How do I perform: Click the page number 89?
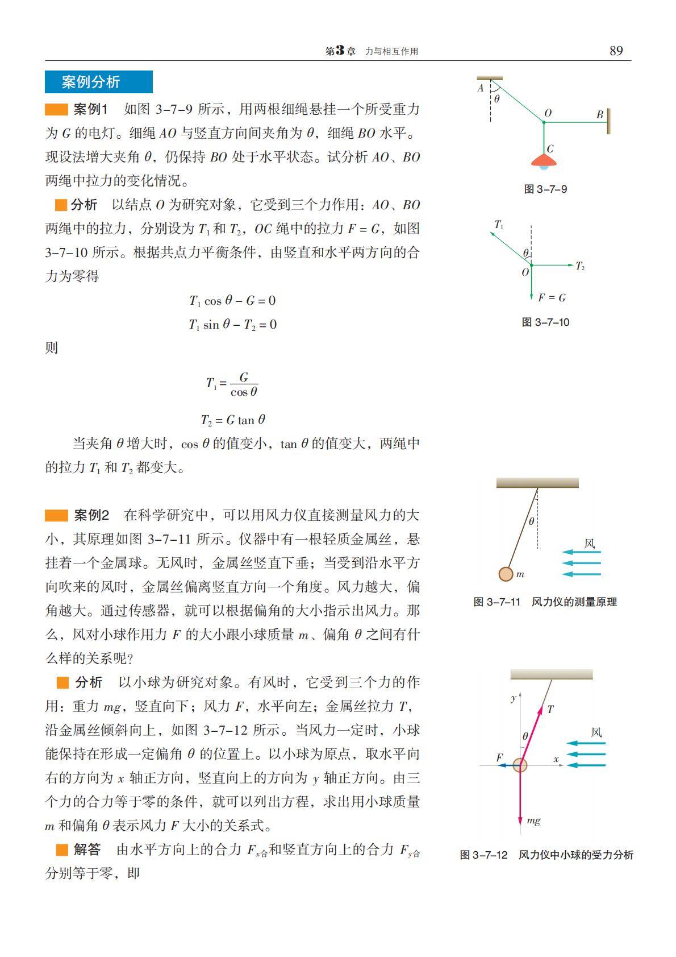point(616,51)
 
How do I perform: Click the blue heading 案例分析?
point(91,82)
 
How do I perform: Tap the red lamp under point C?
point(544,161)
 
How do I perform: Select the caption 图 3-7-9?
point(545,189)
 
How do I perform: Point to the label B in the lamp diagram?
point(599,114)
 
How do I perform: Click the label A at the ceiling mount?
point(481,88)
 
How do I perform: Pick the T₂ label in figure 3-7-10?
point(579,266)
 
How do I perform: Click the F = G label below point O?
point(552,297)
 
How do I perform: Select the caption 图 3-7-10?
point(545,322)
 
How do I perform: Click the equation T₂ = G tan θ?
point(233,420)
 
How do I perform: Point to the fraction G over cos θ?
point(244,385)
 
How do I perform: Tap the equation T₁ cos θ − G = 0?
point(232,300)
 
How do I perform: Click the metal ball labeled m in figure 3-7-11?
point(506,574)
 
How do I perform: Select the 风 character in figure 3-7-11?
point(590,544)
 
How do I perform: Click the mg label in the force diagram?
point(533,820)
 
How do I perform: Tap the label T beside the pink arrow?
point(550,709)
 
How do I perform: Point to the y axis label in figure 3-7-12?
point(513,697)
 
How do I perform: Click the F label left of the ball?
point(499,757)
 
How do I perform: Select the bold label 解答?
point(87,850)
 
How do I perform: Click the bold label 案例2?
point(91,516)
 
